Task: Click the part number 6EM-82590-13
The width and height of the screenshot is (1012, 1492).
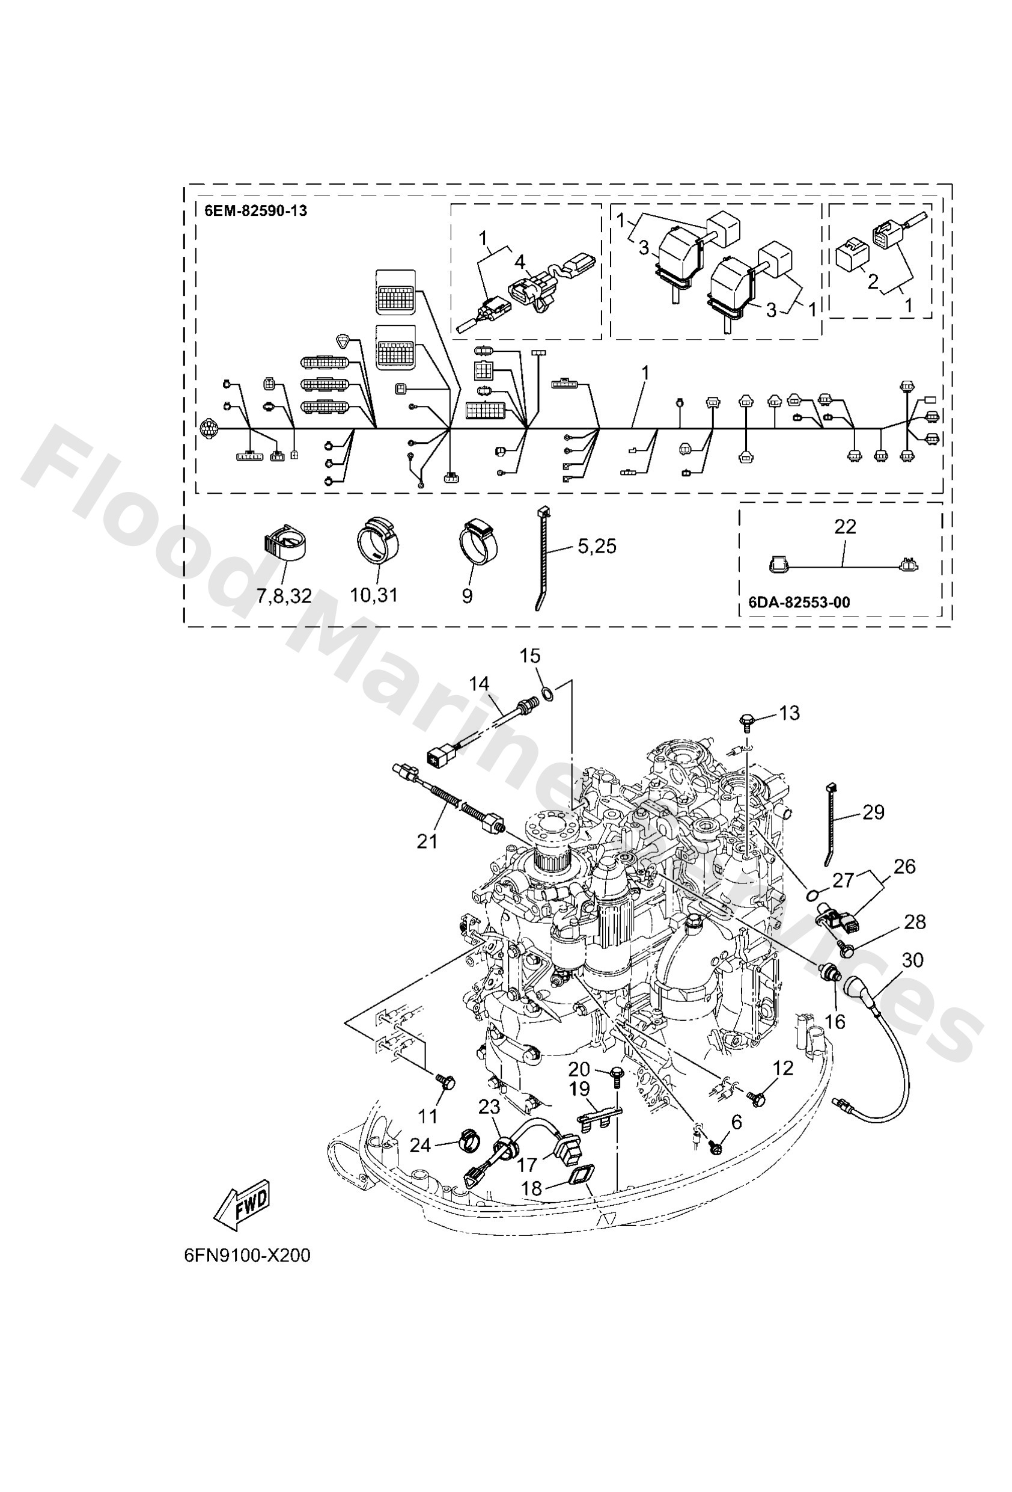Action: (x=255, y=211)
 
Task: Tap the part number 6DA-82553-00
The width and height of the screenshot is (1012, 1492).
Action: (x=799, y=601)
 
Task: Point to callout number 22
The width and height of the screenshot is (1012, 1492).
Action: (x=844, y=526)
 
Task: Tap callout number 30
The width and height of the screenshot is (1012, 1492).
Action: (x=912, y=960)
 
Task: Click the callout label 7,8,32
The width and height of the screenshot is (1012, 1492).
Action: (x=284, y=596)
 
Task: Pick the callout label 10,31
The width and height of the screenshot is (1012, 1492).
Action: (x=374, y=595)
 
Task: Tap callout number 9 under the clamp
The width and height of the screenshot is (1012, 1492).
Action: (x=467, y=596)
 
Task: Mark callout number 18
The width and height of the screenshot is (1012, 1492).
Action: (x=532, y=1189)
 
